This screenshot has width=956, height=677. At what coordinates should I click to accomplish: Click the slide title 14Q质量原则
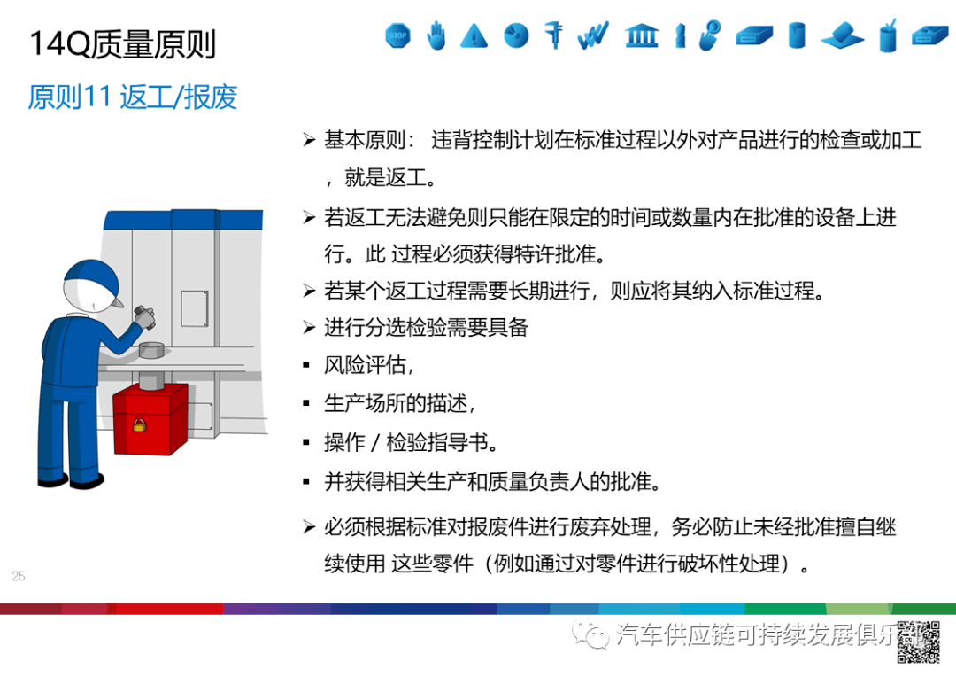123,43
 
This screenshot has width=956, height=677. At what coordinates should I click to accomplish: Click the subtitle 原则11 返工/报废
133,97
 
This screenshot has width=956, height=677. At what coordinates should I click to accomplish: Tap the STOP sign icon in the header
398,36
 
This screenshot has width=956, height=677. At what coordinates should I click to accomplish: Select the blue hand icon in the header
436,36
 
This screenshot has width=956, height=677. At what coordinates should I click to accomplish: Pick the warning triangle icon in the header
474,36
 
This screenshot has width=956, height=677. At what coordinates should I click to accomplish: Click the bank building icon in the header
641,35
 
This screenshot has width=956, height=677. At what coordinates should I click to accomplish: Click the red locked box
150,417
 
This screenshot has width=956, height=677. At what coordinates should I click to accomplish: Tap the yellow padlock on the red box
139,425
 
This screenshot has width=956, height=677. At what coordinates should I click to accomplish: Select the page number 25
19,576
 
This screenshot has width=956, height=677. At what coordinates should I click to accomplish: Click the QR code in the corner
918,642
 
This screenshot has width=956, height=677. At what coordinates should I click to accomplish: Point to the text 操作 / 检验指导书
412,442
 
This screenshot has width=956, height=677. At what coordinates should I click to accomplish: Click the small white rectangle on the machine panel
194,307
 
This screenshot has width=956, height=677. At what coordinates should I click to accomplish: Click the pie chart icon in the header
516,35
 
